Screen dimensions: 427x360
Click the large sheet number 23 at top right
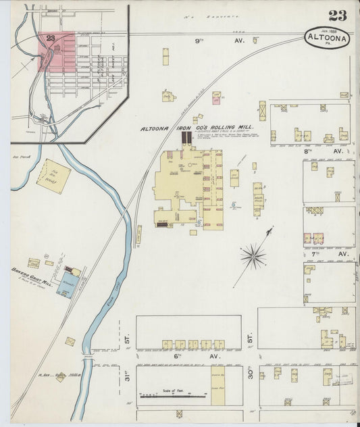point(338,16)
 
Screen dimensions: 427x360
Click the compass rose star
point(254,255)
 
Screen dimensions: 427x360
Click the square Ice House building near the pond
point(53,176)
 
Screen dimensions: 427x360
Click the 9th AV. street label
point(206,41)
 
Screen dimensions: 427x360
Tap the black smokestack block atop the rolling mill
point(186,137)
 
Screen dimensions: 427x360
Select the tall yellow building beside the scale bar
point(217,385)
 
